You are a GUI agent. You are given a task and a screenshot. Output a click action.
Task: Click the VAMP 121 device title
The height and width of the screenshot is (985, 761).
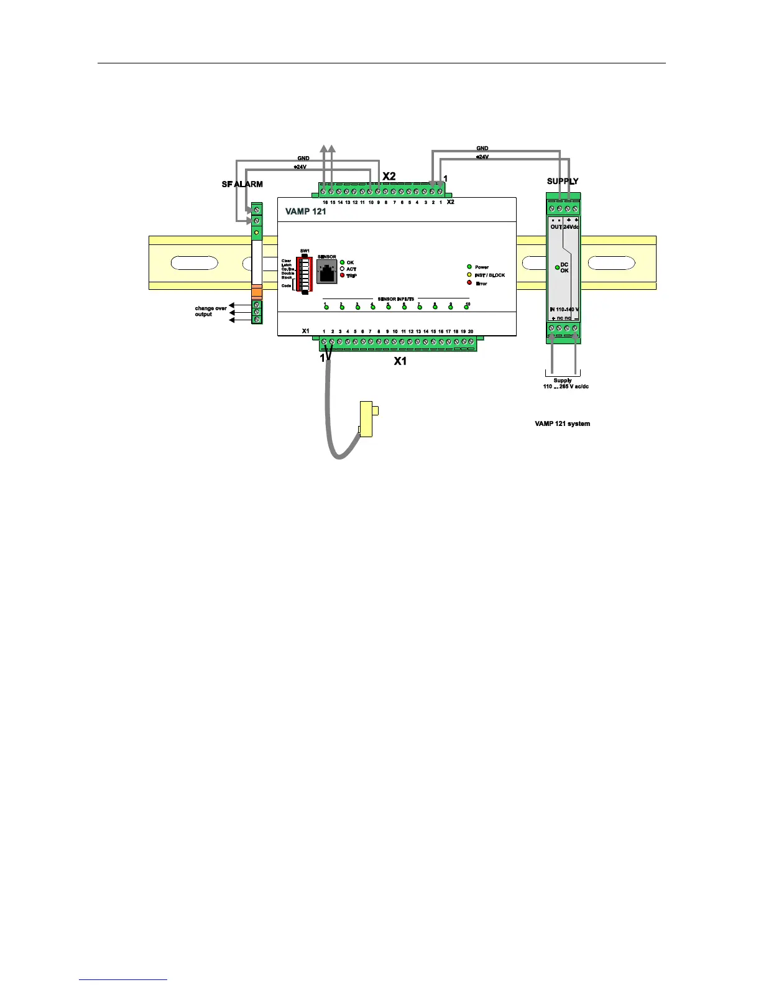click(x=305, y=211)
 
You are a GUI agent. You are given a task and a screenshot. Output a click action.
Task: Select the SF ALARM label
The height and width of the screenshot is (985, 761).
click(x=242, y=184)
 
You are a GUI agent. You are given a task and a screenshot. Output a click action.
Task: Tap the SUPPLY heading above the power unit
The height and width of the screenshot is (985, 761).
click(x=563, y=182)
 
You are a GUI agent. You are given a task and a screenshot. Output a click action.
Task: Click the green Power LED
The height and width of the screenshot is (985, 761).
click(x=469, y=267)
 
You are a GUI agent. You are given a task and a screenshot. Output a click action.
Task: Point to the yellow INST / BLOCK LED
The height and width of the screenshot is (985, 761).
click(x=469, y=275)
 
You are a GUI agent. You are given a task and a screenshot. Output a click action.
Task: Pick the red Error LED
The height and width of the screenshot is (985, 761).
click(x=469, y=283)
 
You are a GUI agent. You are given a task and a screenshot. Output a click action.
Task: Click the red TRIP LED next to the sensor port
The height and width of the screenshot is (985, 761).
click(x=342, y=275)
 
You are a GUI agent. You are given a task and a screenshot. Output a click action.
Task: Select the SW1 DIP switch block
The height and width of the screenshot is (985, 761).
click(x=305, y=274)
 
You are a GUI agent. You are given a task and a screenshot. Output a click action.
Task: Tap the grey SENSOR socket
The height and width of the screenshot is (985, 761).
click(x=326, y=272)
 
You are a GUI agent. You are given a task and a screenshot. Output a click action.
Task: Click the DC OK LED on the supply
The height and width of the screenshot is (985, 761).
click(x=558, y=267)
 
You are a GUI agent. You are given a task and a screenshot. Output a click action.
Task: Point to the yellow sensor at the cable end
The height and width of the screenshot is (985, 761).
click(x=367, y=419)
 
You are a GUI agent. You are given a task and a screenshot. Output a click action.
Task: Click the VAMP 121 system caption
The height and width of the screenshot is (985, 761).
click(x=562, y=424)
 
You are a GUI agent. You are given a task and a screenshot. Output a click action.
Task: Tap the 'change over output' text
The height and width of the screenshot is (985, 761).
click(x=211, y=311)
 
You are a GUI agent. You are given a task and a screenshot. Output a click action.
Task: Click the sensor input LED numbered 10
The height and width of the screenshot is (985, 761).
click(x=466, y=307)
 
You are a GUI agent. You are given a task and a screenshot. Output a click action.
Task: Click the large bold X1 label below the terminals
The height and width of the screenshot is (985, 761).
click(x=400, y=361)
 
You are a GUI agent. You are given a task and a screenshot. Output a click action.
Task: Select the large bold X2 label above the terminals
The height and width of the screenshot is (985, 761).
click(x=389, y=177)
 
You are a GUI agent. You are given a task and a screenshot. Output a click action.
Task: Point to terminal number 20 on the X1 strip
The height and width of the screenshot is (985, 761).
click(x=471, y=342)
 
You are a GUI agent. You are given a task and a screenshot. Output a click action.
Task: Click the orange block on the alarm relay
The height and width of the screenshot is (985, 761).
click(x=257, y=294)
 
